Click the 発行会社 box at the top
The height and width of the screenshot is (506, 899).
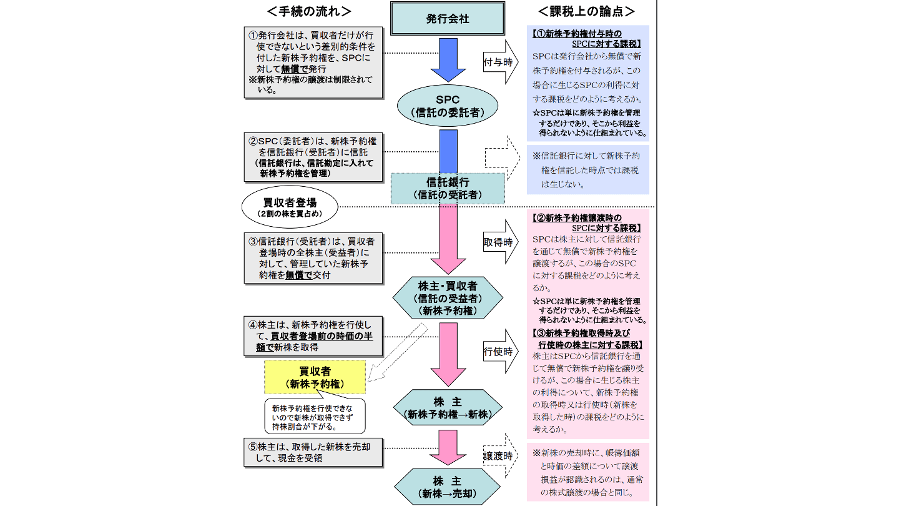(448, 19)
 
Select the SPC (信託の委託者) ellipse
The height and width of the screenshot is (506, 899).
(447, 106)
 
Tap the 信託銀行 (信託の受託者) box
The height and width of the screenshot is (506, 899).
(447, 188)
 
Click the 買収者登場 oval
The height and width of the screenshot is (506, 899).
(289, 207)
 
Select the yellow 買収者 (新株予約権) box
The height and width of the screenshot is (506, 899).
(315, 377)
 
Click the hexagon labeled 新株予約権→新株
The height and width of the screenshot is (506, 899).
(447, 408)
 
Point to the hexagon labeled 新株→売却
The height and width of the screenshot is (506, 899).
(447, 488)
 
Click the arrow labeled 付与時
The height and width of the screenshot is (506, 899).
(500, 62)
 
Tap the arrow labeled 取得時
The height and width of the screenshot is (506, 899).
(500, 242)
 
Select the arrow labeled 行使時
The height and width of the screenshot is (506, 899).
(500, 352)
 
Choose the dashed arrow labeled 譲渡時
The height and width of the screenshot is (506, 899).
(500, 456)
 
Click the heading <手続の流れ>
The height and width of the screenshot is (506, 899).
(308, 11)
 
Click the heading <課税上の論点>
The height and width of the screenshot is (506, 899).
(587, 11)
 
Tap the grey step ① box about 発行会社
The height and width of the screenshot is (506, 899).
(313, 62)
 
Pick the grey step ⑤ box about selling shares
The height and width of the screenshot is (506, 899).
(313, 452)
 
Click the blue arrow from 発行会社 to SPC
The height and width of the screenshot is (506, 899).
(448, 60)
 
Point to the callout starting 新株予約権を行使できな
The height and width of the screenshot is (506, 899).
(314, 416)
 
